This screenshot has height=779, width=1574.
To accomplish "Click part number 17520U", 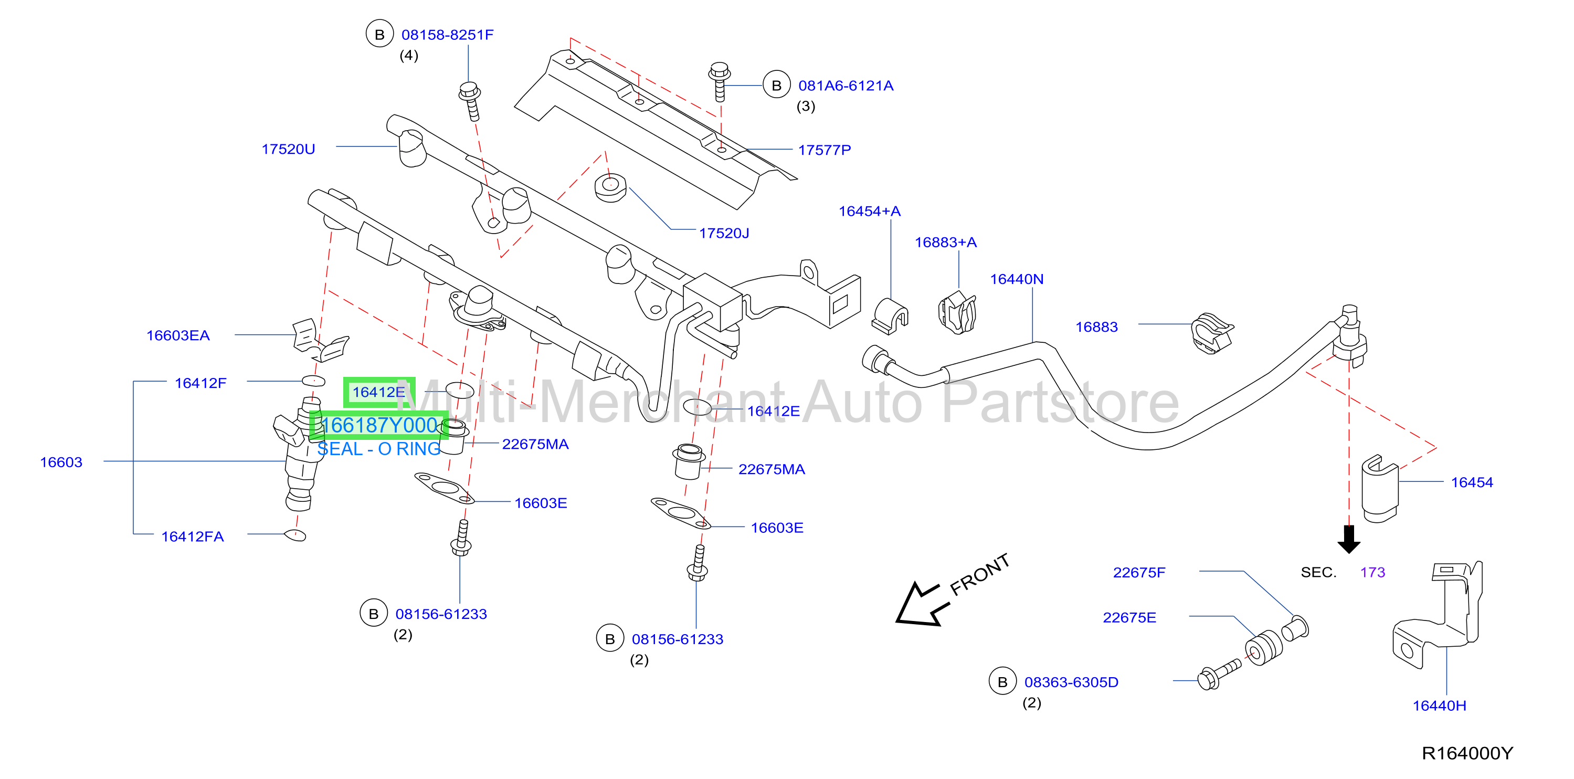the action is [289, 149].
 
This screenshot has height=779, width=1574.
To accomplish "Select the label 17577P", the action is [825, 150].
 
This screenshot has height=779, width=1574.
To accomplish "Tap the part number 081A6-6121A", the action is [846, 86].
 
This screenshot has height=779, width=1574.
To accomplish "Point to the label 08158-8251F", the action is [447, 35].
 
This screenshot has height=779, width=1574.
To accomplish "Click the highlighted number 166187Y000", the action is [379, 425].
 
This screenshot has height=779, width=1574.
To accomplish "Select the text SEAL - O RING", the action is [379, 449].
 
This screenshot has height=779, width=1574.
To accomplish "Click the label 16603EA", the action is [178, 335].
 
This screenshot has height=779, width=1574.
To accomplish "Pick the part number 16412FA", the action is [193, 536].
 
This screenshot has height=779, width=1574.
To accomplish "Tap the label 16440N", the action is [1017, 279].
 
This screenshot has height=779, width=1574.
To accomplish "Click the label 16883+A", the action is [945, 243].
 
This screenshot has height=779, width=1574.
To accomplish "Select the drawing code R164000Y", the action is [1467, 753].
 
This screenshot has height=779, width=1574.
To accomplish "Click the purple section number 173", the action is [1372, 573].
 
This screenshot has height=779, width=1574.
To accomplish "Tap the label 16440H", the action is [1439, 706].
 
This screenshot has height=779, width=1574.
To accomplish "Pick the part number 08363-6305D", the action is [1071, 682].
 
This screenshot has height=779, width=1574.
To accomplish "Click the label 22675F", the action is [1139, 573].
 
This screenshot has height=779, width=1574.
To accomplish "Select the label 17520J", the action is [724, 234].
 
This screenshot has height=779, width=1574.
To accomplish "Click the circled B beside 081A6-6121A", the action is [777, 86].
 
